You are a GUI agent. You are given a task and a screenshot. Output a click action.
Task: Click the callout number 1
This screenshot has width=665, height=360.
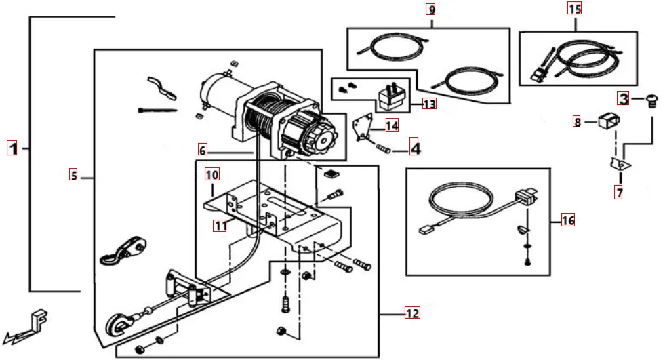[x=12, y=148]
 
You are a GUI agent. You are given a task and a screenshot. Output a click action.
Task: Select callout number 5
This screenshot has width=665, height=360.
[x=73, y=176]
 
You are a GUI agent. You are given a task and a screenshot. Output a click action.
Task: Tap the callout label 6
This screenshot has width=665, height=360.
[x=203, y=149]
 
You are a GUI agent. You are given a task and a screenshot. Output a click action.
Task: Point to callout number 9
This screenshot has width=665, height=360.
[x=431, y=9]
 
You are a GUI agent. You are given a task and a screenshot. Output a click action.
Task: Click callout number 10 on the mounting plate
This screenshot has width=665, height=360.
[x=212, y=175]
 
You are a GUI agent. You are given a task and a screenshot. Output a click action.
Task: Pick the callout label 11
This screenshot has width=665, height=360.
[x=220, y=226]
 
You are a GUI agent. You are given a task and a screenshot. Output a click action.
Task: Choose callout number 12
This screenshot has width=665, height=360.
[x=412, y=313]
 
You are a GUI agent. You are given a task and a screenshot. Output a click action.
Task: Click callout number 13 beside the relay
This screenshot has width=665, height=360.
[x=428, y=104]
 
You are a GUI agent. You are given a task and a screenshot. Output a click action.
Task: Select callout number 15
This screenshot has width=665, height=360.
[x=574, y=9]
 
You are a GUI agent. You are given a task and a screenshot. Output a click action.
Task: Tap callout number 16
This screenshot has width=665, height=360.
[x=567, y=220]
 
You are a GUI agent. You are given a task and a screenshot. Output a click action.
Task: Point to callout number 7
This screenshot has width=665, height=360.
[x=619, y=193]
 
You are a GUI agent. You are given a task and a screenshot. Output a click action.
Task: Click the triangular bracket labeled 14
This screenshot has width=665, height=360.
[x=367, y=127]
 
